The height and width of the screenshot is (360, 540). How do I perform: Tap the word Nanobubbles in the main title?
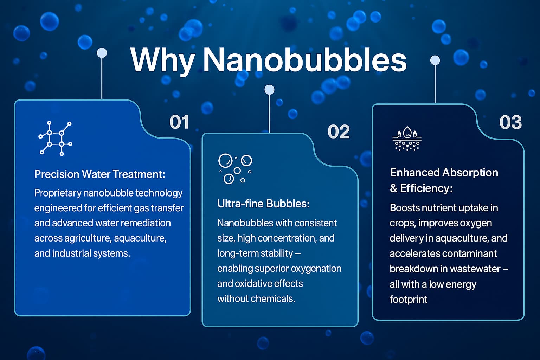pos(305,59)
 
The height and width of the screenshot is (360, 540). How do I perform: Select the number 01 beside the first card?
pos(179,122)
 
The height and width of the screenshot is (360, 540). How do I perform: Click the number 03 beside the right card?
pos(510,122)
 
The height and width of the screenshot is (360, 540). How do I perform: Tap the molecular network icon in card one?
pos(56,139)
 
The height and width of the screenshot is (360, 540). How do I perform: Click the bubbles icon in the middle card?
pos(235,169)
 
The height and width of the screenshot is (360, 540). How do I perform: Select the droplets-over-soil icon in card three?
pos(407,139)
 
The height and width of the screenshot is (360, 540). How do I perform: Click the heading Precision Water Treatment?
pos(100,174)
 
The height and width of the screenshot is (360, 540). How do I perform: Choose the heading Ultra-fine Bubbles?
pos(263,204)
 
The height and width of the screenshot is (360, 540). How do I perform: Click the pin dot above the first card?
pos(102,53)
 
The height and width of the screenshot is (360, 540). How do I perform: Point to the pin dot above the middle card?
pos(269,90)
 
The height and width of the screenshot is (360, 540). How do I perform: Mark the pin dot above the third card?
pos(435,60)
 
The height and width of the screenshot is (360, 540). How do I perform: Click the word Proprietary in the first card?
pos(58,193)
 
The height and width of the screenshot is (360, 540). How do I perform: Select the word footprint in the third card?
pos(409,300)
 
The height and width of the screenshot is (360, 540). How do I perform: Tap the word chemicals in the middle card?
pos(273,299)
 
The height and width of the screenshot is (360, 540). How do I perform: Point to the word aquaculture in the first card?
pos(140,238)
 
